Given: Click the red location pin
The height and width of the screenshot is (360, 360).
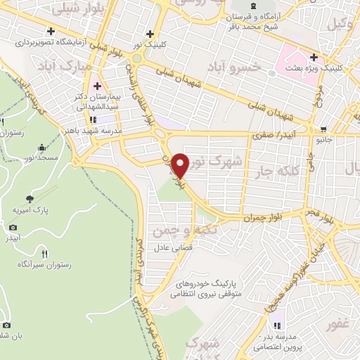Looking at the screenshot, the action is coord(181,165).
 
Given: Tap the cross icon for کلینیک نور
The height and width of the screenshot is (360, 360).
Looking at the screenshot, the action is coord(149,33).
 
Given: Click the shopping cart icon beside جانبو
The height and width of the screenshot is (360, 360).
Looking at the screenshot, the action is coord(323,129).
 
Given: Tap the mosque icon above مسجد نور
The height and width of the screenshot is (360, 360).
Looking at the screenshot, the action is coord(41,148).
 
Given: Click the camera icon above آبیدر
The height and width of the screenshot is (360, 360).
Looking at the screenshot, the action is coord(13,227).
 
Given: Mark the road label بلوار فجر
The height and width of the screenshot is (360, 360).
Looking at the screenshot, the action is coord(313,210).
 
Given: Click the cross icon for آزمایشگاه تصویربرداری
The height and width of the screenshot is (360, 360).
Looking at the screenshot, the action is coord(51,30).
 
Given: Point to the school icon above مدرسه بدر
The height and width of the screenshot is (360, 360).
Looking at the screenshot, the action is coord(277,326).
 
